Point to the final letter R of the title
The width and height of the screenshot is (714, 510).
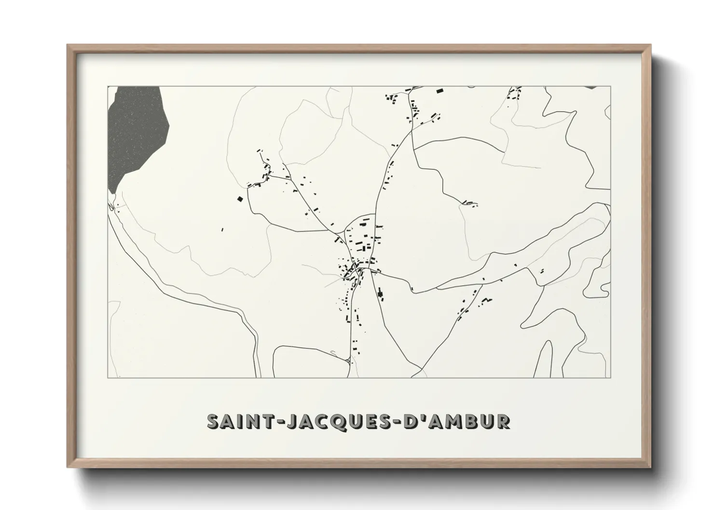pos(503,422)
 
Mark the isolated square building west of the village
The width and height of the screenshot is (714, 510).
pos(239,198)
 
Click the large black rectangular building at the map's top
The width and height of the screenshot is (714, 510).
pos(439,91)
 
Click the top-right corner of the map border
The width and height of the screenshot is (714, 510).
pos(611,86)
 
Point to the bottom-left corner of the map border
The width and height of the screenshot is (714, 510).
pos(108,377)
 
